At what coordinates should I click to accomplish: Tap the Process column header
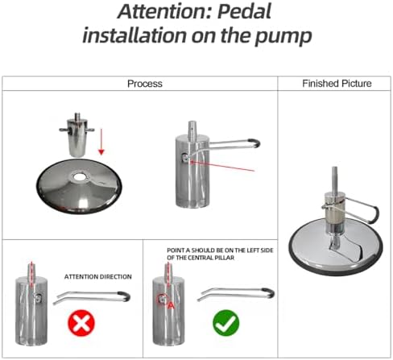(145, 84)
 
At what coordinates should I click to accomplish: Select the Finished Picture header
(337, 84)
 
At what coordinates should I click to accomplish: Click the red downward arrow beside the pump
(101, 142)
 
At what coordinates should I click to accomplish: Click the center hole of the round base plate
(79, 177)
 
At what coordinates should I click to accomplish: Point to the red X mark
(81, 323)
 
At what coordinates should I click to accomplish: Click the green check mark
(226, 323)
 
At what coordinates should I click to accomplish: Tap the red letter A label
(172, 305)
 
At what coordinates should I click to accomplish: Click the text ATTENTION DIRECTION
(98, 277)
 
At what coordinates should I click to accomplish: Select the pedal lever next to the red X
(92, 297)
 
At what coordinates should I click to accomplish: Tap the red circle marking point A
(163, 299)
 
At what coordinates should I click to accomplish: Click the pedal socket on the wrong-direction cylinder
(38, 298)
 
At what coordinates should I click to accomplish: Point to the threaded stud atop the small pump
(77, 116)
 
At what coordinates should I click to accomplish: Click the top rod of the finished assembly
(334, 180)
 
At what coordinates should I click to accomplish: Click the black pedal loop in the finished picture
(375, 214)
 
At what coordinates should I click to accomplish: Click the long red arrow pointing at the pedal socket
(222, 166)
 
